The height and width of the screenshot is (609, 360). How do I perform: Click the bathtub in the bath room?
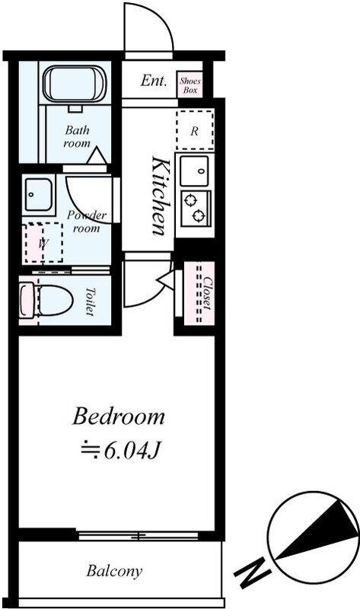click(74, 83)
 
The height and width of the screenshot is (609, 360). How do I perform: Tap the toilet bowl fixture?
click(46, 299)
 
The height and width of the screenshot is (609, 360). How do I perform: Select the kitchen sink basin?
click(195, 171)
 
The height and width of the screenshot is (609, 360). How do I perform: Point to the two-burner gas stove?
click(196, 208)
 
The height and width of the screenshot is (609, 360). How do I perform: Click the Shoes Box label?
click(190, 85)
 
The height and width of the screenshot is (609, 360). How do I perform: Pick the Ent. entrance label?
click(154, 81)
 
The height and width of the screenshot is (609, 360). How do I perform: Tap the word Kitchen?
click(160, 196)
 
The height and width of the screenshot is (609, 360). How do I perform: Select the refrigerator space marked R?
click(195, 130)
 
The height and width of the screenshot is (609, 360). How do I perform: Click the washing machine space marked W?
click(43, 242)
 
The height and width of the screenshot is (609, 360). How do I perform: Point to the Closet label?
click(207, 293)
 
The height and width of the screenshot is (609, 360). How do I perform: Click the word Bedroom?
click(119, 416)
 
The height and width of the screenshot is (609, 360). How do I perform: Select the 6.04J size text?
click(132, 451)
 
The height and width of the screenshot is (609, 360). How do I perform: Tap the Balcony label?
click(114, 571)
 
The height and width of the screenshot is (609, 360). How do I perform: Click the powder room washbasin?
click(37, 195)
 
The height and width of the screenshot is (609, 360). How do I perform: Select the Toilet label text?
click(90, 301)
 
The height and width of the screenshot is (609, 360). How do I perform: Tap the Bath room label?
click(78, 136)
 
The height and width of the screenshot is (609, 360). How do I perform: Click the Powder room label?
click(86, 222)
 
